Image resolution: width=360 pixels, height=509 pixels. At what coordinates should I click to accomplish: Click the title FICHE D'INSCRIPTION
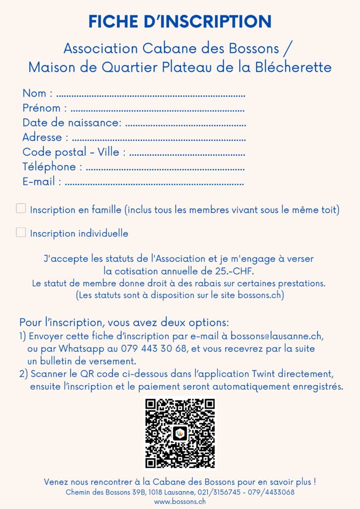180,22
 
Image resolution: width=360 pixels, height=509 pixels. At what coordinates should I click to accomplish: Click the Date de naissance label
72,123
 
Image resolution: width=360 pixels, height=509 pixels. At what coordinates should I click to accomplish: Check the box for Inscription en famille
21,209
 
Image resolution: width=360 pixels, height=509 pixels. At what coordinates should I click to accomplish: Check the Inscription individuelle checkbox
21,232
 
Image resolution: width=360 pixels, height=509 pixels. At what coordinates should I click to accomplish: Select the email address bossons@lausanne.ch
277,336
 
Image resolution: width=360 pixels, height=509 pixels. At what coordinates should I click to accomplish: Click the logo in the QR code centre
180,433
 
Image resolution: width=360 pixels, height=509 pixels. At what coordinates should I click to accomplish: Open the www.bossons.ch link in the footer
180,502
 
